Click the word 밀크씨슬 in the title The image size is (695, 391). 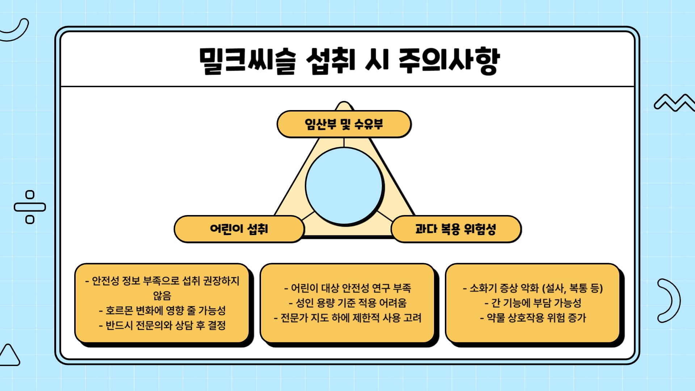(x=248, y=61)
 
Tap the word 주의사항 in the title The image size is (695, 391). (x=449, y=61)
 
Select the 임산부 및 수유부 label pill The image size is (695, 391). (x=344, y=124)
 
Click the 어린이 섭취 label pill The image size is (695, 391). (x=239, y=229)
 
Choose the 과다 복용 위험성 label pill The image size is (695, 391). (x=456, y=229)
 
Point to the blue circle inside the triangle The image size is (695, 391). (x=344, y=186)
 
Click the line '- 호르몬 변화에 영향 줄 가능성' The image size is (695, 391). (x=162, y=310)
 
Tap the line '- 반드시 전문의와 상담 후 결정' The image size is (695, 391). (x=162, y=325)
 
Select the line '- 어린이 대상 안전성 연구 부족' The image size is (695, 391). (x=347, y=288)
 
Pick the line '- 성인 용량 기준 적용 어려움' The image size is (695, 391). (x=347, y=303)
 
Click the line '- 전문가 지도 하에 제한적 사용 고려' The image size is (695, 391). (x=347, y=318)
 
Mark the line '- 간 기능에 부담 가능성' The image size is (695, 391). (x=533, y=303)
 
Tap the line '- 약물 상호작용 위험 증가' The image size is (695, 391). (x=533, y=318)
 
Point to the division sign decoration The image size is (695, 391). (x=30, y=207)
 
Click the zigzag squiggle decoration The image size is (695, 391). (x=674, y=103)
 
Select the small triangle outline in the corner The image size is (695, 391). (x=9, y=355)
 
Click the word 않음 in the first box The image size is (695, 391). (x=162, y=295)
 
